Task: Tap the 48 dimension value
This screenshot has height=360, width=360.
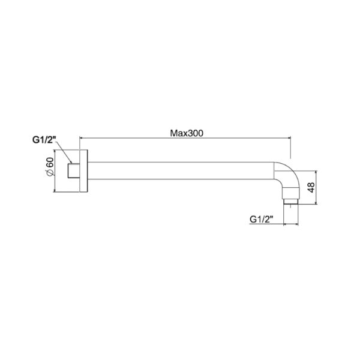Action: click(310, 188)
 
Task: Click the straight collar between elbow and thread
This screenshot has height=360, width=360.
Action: click(291, 193)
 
